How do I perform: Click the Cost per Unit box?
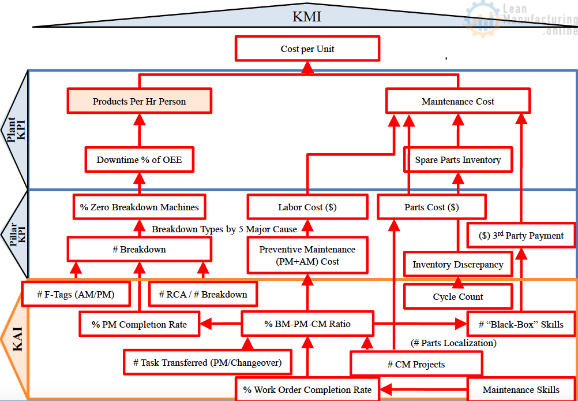click(307, 49)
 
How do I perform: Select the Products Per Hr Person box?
click(139, 101)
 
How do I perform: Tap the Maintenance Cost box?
click(457, 101)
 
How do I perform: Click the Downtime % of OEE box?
click(139, 159)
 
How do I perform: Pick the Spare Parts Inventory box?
click(457, 159)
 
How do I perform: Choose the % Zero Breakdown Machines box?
click(139, 207)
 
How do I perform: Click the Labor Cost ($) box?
click(307, 207)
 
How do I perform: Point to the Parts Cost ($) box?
click(431, 207)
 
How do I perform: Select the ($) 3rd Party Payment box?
click(521, 235)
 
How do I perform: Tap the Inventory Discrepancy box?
click(457, 264)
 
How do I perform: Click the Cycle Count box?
click(457, 296)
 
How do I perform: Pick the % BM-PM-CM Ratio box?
click(307, 324)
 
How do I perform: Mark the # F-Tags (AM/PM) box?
click(76, 294)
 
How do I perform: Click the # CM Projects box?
click(416, 364)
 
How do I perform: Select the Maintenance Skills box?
click(520, 389)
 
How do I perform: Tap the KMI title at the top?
click(307, 16)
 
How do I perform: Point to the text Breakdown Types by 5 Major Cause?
click(224, 229)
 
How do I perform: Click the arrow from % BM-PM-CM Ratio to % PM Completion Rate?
click(220, 324)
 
